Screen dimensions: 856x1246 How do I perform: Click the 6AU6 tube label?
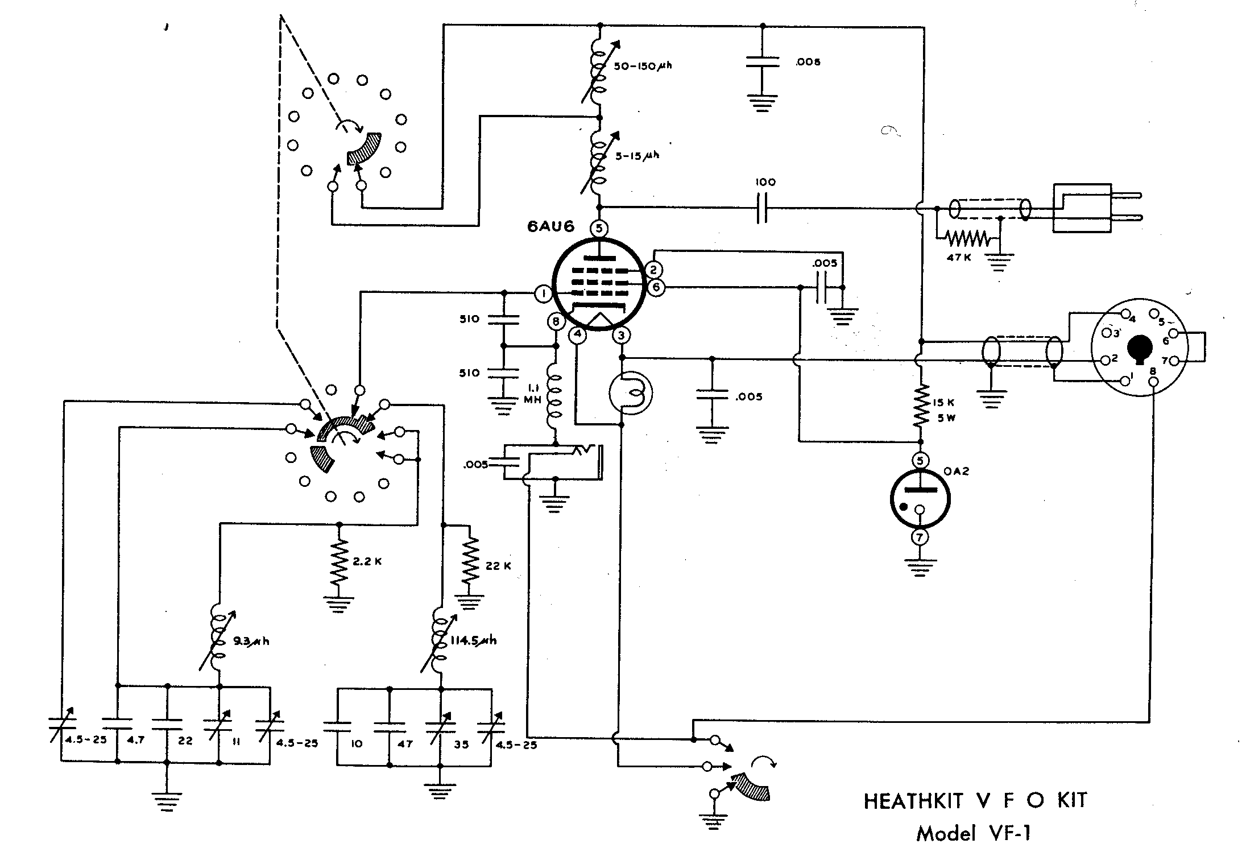pyautogui.click(x=550, y=227)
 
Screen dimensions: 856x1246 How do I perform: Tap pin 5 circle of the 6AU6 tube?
pyautogui.click(x=599, y=229)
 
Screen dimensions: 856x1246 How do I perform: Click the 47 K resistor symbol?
pyautogui.click(x=966, y=238)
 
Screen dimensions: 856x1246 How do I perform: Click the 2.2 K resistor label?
pyautogui.click(x=367, y=561)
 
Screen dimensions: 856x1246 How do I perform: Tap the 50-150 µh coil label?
pyautogui.click(x=643, y=66)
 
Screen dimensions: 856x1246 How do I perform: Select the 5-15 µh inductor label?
pyautogui.click(x=638, y=155)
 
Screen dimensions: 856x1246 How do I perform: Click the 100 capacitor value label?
pyautogui.click(x=765, y=183)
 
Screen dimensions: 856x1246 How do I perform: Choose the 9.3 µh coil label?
pyautogui.click(x=251, y=642)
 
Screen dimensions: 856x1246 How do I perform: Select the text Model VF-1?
pyautogui.click(x=973, y=833)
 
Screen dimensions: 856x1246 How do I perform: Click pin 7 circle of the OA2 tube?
pyautogui.click(x=920, y=537)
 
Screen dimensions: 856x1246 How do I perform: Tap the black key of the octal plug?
pyautogui.click(x=1140, y=348)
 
